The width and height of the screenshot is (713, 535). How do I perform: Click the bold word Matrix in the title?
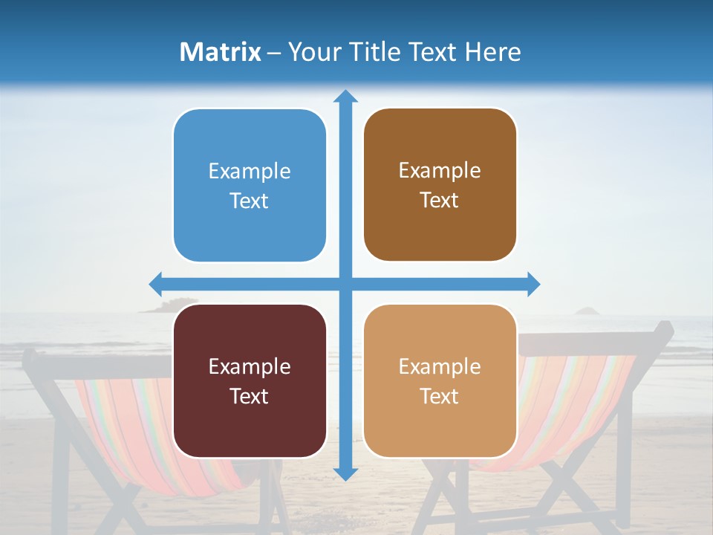coord(221,52)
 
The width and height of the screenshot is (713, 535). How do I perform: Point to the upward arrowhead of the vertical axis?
coord(345,96)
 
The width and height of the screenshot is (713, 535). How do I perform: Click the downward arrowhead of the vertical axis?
coord(345,473)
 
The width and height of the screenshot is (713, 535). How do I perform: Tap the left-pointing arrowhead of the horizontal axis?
coord(156,284)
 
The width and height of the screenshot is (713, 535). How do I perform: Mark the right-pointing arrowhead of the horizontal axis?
coord(533,284)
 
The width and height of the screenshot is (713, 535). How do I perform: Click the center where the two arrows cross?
coord(345,284)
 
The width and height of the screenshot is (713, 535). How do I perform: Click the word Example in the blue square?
coord(250,172)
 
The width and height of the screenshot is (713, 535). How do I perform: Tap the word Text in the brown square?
coord(440,201)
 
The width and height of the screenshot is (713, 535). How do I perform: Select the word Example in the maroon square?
coord(250,367)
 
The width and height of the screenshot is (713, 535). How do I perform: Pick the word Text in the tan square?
coord(440,397)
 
